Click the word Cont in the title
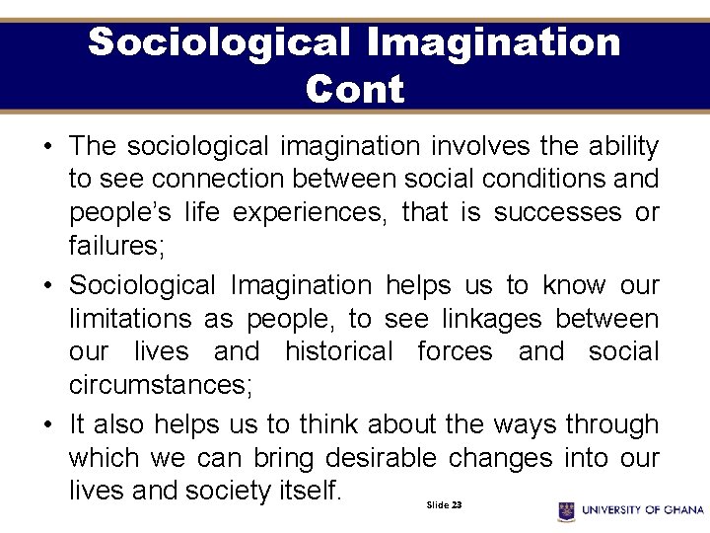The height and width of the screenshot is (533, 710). tap(355, 89)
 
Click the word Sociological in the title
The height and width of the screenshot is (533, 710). tap(219, 42)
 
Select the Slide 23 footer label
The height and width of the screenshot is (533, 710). tap(444, 504)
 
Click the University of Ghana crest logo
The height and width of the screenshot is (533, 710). tap(566, 510)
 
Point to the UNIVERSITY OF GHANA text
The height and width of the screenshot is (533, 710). tap(642, 510)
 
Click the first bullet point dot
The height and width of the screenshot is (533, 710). tap(47, 147)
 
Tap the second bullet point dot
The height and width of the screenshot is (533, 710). tap(47, 286)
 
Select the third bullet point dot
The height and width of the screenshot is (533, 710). tap(47, 425)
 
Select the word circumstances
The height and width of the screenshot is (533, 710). tap(161, 385)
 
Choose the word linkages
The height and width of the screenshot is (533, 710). tap(491, 319)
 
